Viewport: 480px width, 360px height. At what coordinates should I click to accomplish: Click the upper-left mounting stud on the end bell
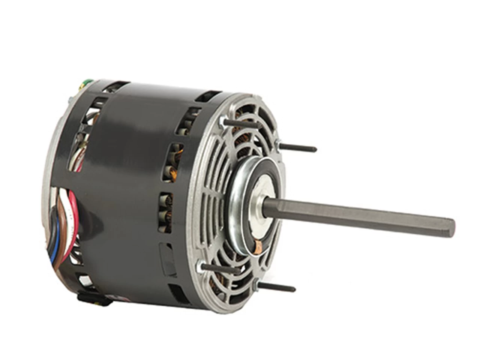[x=240, y=123]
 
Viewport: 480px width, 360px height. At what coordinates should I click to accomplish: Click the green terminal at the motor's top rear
[x=88, y=81]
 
